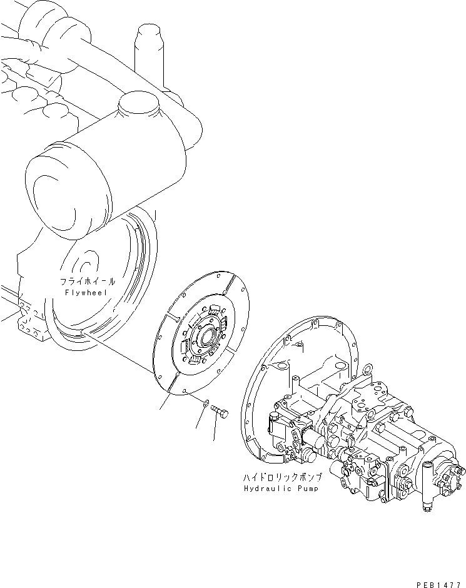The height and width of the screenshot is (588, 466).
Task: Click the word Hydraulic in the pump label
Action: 266,489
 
